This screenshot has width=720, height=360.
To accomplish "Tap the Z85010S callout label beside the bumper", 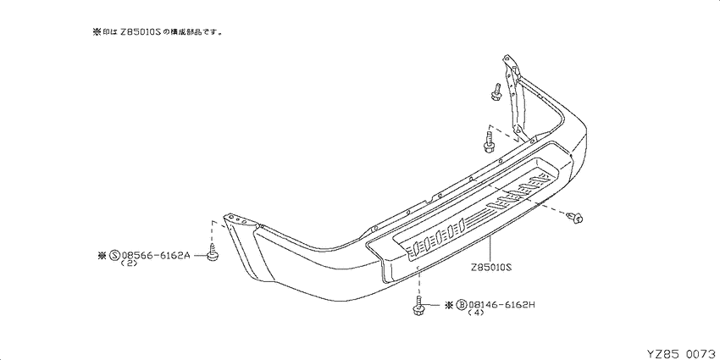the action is pyautogui.click(x=490, y=266).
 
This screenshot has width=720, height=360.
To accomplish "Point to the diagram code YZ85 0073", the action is pyautogui.click(x=683, y=353).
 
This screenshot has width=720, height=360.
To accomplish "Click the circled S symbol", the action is pyautogui.click(x=115, y=256).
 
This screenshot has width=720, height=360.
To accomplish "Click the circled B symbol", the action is pyautogui.click(x=462, y=304).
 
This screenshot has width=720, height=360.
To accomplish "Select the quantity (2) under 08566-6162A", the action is pyautogui.click(x=129, y=264).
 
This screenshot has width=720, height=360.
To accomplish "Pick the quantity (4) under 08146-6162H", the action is pyautogui.click(x=476, y=313).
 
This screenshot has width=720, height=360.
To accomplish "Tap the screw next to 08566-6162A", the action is pyautogui.click(x=212, y=254).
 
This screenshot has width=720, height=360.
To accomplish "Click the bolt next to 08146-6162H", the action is pyautogui.click(x=418, y=307).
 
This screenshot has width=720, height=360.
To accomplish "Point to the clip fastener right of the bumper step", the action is pyautogui.click(x=575, y=217).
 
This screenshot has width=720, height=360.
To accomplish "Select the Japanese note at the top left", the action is pyautogui.click(x=158, y=32).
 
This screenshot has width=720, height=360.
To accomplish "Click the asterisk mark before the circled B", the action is pyautogui.click(x=450, y=304).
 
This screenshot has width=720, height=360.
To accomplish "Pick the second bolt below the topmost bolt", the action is pyautogui.click(x=489, y=142).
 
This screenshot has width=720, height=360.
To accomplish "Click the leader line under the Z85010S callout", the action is pyautogui.click(x=490, y=249).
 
